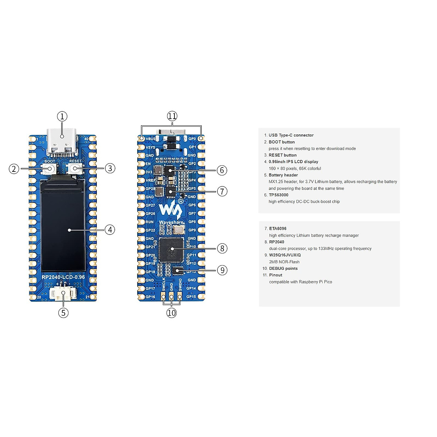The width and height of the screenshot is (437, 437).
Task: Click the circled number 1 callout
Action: pyautogui.click(x=62, y=117)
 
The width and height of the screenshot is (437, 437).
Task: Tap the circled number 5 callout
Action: pyautogui.click(x=63, y=312)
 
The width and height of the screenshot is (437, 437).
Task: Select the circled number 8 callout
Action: pyautogui.click(x=222, y=248)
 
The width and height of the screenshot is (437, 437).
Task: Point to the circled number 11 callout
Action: pyautogui.click(x=172, y=116)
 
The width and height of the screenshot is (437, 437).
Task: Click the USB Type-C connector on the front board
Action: pyautogui.click(x=62, y=140)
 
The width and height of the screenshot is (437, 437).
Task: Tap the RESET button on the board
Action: pyautogui.click(x=75, y=168)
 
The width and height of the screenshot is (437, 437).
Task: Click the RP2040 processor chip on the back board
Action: pyautogui.click(x=171, y=249)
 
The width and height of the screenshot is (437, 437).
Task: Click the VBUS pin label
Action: pyautogui.click(x=150, y=139)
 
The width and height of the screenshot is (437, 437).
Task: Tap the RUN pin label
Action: pyautogui.click(x=150, y=222)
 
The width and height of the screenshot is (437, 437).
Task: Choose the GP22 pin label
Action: pyautogui.click(x=150, y=230)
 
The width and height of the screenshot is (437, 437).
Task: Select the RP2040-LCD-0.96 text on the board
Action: pyautogui.click(x=63, y=277)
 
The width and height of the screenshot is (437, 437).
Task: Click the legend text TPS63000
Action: pyautogui.click(x=278, y=195)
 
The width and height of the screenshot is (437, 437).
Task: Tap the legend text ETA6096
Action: pyautogui.click(x=277, y=229)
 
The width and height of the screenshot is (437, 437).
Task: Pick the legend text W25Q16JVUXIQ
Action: pyautogui.click(x=285, y=255)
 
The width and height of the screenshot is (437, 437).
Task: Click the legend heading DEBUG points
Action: pyautogui.click(x=283, y=268)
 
